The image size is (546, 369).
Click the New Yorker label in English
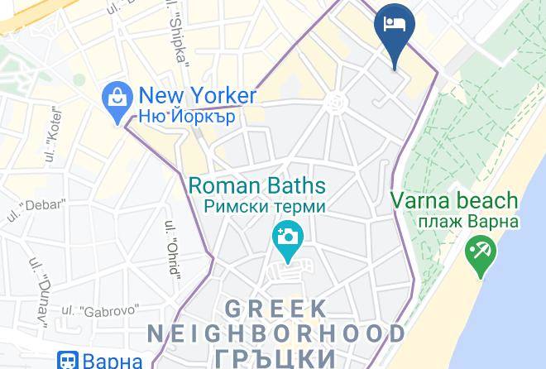point(199,95)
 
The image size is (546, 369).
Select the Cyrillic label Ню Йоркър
point(188,117)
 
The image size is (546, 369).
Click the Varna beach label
point(454,200)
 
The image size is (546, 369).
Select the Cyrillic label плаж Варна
point(456,221)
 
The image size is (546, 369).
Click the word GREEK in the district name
point(275,309)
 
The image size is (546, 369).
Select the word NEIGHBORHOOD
point(276,333)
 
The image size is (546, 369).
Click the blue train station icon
point(67,360)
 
